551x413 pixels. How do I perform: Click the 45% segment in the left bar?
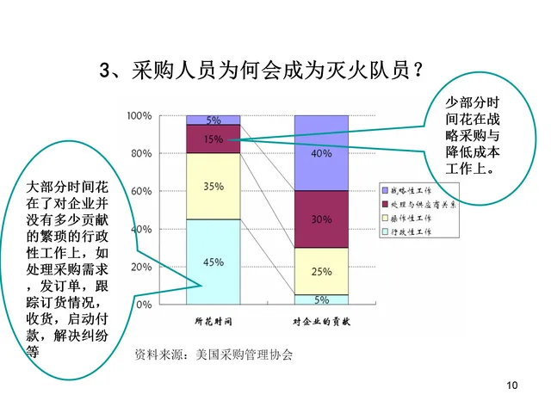point(214,262)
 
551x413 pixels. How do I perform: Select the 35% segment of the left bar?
point(214,186)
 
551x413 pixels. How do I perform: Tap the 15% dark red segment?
point(214,139)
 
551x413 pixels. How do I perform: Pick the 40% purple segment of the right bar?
point(321,153)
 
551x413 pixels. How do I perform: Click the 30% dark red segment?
point(321,219)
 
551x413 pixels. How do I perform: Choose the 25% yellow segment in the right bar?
point(321,271)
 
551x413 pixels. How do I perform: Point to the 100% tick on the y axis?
point(139,115)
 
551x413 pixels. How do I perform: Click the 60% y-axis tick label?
point(141,191)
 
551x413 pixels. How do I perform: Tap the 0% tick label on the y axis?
point(144,305)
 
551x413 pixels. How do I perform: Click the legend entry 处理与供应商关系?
point(417,204)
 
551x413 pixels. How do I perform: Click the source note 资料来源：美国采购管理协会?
point(214,354)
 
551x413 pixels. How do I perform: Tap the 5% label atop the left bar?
point(214,120)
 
